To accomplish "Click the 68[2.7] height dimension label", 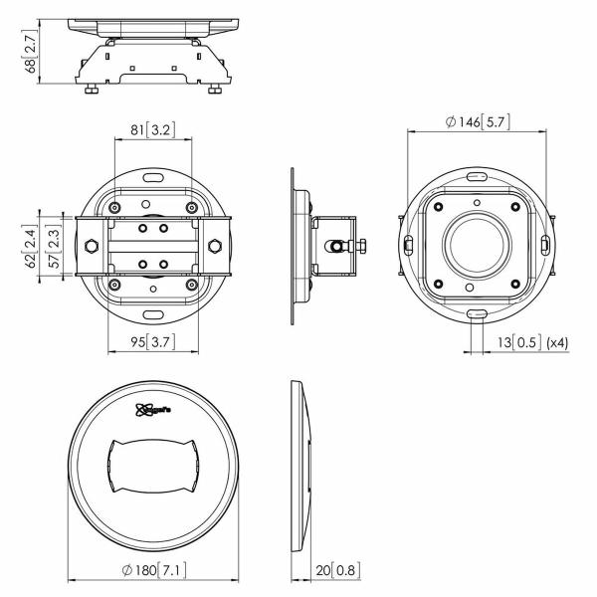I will click(31, 52).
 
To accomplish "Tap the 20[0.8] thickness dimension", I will click(334, 571).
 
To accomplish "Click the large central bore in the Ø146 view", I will click(476, 245).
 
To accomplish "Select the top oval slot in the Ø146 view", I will click(477, 176).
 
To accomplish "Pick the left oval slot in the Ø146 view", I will click(407, 245).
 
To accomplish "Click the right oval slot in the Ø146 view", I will click(544, 245).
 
